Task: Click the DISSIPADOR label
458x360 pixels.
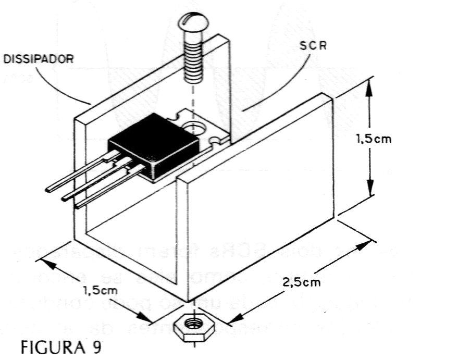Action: coord(39,58)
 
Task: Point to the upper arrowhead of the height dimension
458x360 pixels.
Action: coord(369,86)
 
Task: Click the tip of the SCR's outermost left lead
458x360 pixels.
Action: coord(48,190)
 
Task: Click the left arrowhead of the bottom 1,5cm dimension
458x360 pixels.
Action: coord(43,249)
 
